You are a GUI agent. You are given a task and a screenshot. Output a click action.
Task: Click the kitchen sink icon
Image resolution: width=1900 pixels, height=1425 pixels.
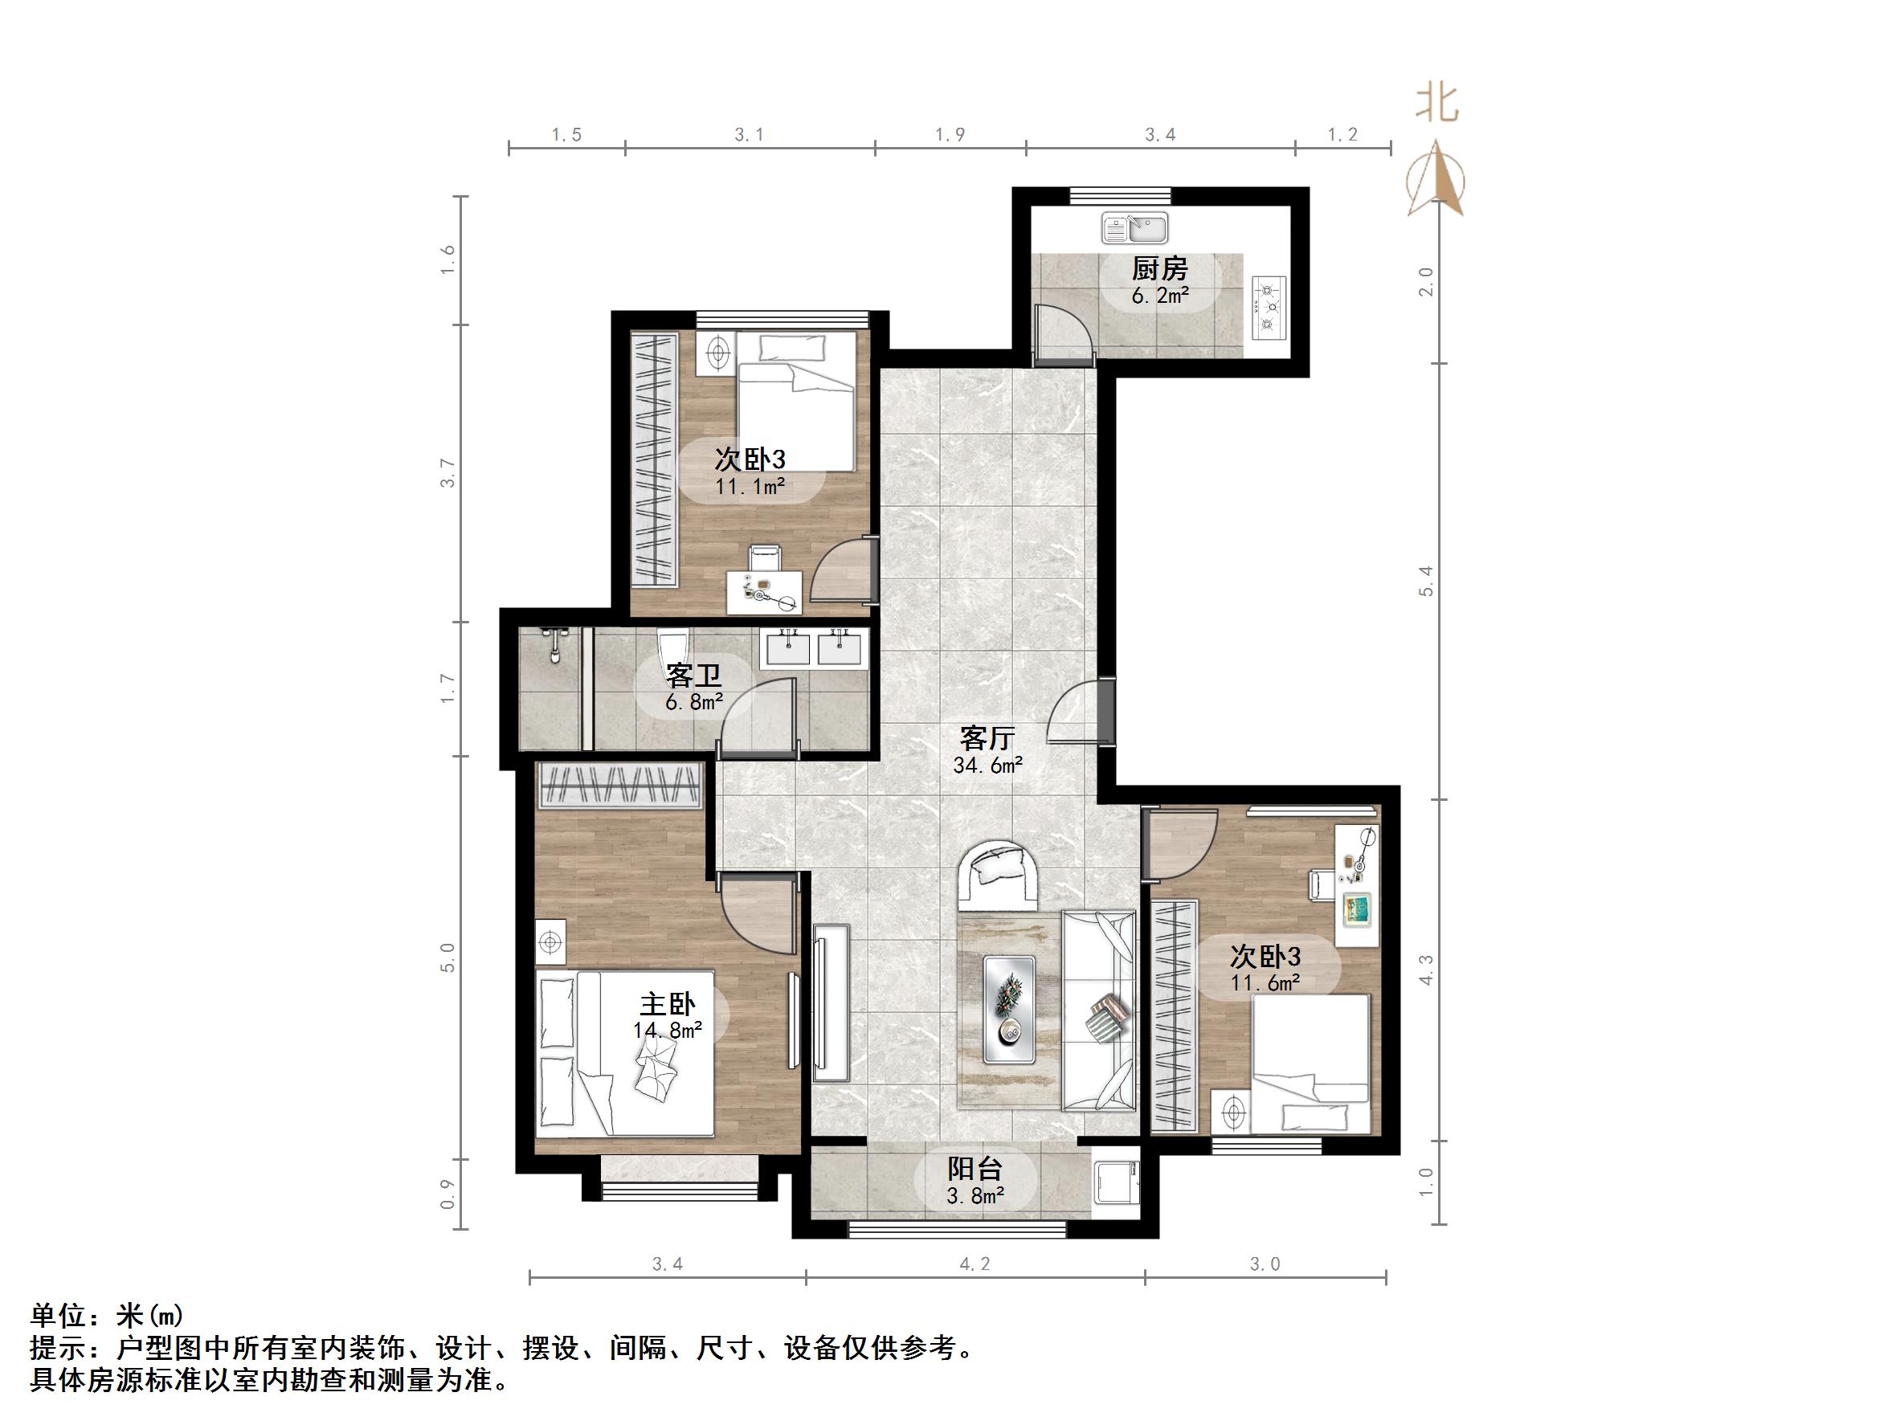coord(1134,228)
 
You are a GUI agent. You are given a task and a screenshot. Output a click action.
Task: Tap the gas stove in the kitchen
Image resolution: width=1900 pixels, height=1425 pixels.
coord(1268,306)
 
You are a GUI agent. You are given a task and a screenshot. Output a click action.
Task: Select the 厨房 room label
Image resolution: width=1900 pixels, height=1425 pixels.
coord(1158,270)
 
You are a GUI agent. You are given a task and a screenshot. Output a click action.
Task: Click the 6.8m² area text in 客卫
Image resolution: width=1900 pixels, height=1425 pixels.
coord(693,703)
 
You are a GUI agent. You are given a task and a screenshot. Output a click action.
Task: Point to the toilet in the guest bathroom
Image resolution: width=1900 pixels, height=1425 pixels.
coord(672,646)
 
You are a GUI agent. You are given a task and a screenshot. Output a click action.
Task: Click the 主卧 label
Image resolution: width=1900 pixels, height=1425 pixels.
coord(667,1004)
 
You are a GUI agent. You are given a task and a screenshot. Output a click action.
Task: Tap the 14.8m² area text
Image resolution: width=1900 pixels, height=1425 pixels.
coord(668,1030)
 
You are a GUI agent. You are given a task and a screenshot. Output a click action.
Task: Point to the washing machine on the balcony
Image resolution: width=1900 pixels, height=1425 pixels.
coord(1115,1188)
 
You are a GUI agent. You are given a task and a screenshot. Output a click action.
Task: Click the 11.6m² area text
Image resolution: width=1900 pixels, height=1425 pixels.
coord(1265,983)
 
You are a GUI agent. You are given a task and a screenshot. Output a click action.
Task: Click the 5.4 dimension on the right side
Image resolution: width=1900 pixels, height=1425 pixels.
coord(1426,582)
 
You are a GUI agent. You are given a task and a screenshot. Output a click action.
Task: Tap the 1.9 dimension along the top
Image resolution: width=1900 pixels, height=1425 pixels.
coord(949,135)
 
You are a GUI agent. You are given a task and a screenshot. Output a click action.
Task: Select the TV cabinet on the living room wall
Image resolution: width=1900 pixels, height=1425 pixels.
coord(830,1003)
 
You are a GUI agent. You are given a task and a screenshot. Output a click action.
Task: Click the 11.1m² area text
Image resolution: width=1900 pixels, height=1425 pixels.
coord(750,487)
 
